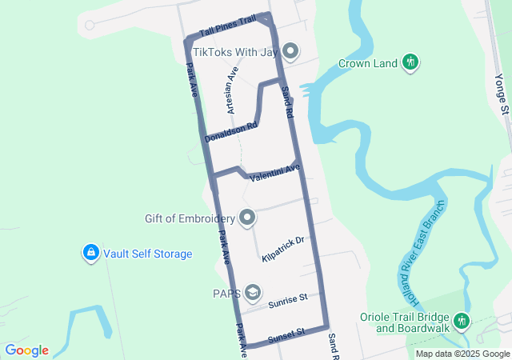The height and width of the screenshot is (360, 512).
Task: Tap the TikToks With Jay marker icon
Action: coord(290,53)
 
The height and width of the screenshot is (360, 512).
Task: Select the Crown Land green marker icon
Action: coord(410,62)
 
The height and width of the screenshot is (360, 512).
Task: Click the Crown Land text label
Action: coord(368,63)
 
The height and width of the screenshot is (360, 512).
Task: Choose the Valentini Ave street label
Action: coord(274,173)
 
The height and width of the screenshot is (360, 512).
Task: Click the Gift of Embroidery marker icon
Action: coord(248,218)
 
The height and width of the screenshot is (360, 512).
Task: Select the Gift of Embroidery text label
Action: coord(190,218)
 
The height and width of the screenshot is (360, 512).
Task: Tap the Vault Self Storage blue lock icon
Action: coord(90,254)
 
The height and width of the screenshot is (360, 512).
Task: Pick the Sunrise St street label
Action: coord(288,302)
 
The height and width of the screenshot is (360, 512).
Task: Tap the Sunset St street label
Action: coord(287,333)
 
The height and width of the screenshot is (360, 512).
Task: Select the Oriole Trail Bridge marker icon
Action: coord(462,322)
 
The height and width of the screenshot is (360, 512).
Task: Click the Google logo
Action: coord(27,350)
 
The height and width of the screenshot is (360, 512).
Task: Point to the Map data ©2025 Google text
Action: coord(462,354)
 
